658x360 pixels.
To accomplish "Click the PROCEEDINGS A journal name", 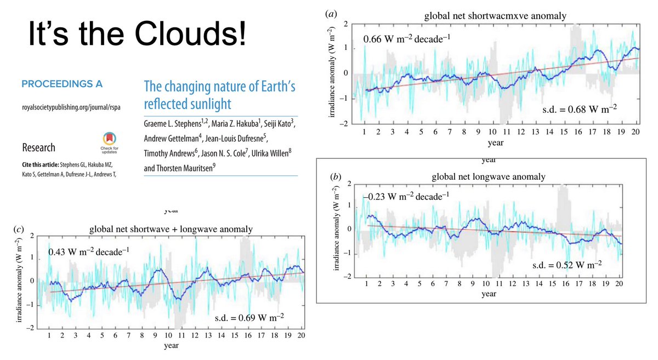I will [x=61, y=84].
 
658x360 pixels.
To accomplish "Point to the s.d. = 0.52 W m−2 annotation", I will [x=567, y=265].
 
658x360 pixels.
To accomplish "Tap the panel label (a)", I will [x=331, y=13].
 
